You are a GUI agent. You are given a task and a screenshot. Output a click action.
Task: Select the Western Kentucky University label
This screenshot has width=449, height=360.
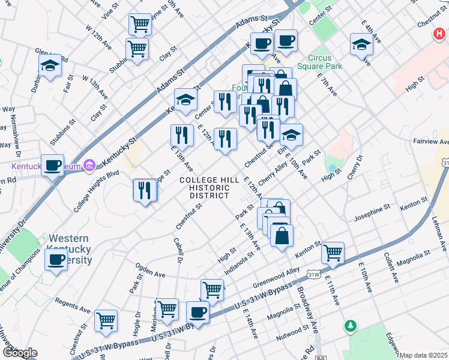pyautogui.click(x=70, y=249)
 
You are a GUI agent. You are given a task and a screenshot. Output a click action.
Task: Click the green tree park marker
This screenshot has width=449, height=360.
pyautogui.click(x=350, y=326)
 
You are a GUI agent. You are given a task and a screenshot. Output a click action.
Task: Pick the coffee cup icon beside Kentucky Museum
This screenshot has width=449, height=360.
pyautogui.click(x=53, y=164)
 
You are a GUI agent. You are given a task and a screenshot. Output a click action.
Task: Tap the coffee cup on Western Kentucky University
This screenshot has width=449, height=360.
pyautogui.click(x=56, y=259)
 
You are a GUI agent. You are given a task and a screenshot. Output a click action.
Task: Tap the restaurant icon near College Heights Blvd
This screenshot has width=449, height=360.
pyautogui.click(x=145, y=190)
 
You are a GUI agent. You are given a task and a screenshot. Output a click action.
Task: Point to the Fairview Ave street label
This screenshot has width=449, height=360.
pyautogui.click(x=431, y=142)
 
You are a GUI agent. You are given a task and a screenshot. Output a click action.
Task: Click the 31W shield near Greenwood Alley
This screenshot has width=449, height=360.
pyautogui.click(x=313, y=275)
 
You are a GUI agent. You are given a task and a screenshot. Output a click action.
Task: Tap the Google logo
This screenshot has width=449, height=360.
pyautogui.click(x=19, y=353)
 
